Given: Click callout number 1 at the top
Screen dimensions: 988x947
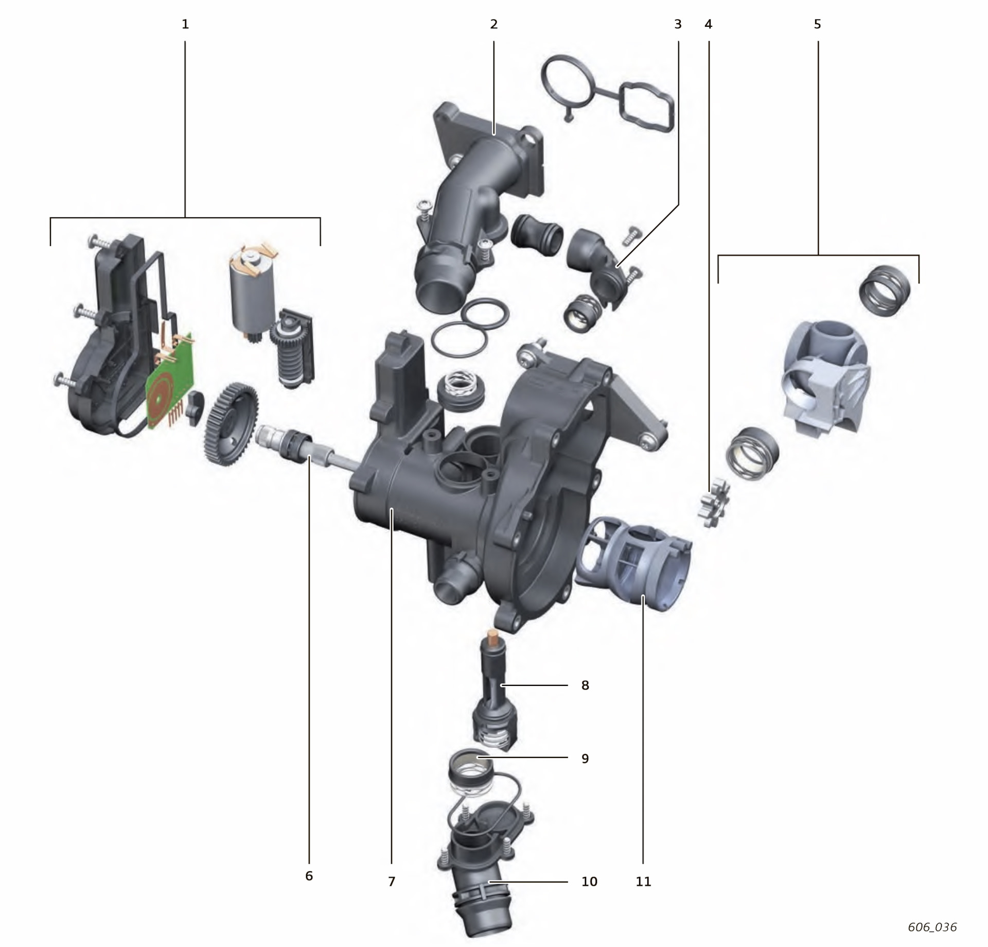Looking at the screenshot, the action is pos(185,24).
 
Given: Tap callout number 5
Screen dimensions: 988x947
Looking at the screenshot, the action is pos(818,24).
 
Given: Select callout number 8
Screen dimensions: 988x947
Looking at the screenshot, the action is pos(585,685).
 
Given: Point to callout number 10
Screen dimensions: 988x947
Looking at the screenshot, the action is pos(589,882).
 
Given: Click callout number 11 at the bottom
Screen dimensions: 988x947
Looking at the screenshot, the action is pos(643,882).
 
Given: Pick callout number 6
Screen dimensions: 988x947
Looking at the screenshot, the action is pos(309,876).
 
